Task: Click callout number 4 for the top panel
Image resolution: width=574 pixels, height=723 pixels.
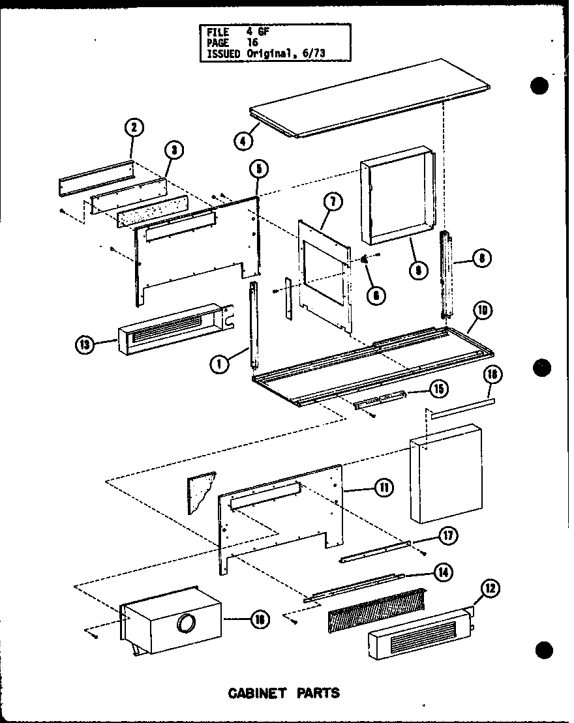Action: point(242,140)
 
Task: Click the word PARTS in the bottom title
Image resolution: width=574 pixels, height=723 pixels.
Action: point(318,692)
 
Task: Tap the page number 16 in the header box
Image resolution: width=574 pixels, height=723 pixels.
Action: point(253,42)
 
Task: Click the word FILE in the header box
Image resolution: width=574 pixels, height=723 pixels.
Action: point(219,31)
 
